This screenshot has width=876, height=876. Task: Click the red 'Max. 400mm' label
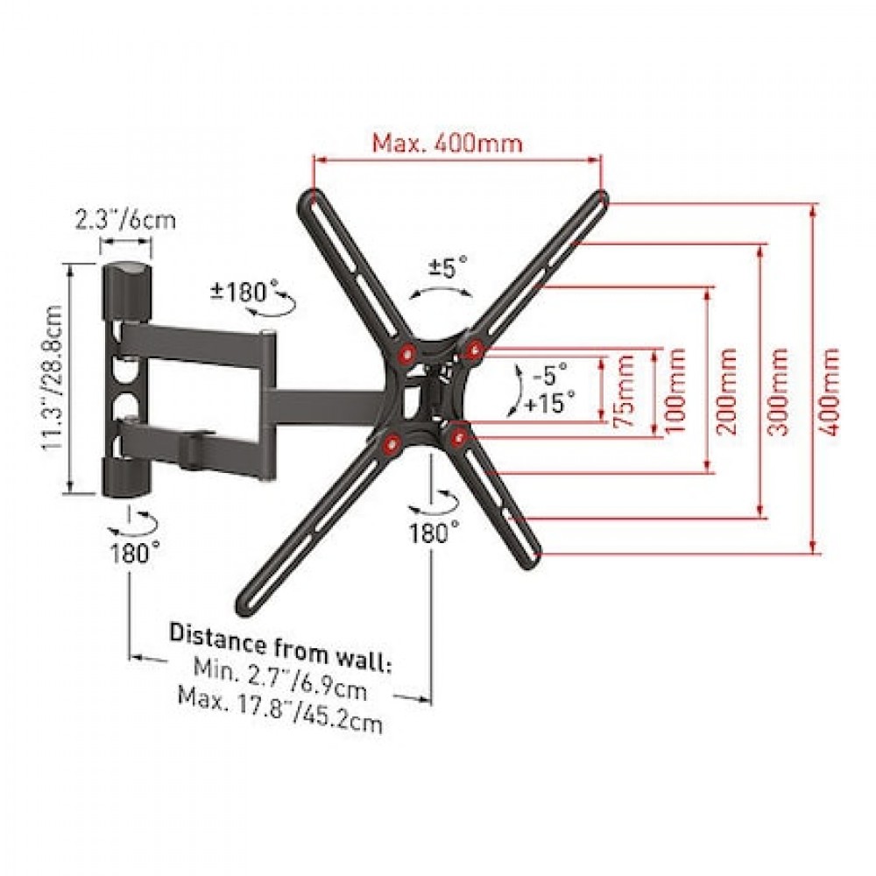click(448, 143)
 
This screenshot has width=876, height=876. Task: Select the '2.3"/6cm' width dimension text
click(125, 220)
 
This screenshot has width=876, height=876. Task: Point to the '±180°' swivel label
click(244, 291)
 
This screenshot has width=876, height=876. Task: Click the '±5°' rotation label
click(448, 266)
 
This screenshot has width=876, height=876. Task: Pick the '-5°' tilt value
click(550, 374)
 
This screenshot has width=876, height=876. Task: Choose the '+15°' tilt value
click(550, 402)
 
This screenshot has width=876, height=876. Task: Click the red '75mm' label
click(624, 391)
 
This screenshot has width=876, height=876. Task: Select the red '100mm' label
click(674, 391)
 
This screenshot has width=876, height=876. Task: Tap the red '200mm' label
click(725, 391)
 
